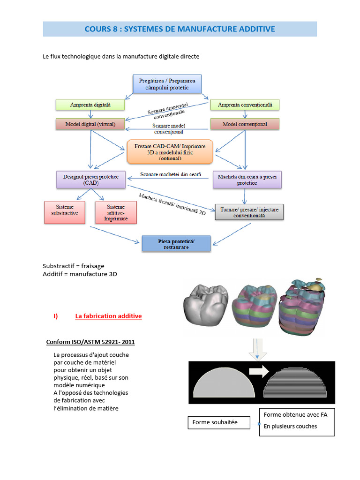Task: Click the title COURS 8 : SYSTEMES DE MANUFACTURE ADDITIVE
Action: coord(180,29)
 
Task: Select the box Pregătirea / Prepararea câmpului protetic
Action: coord(167,84)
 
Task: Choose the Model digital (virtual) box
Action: coord(85,124)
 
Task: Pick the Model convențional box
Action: coord(245,124)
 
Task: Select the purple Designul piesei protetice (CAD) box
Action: coord(91,180)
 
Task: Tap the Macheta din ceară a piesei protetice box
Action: coord(247,179)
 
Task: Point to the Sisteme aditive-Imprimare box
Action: coord(116,212)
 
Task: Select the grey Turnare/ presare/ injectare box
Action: coord(249,213)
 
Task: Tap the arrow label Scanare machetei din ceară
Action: coord(171,175)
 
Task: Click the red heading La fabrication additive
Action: coord(108,316)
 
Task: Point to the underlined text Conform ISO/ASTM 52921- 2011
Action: coord(90,342)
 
